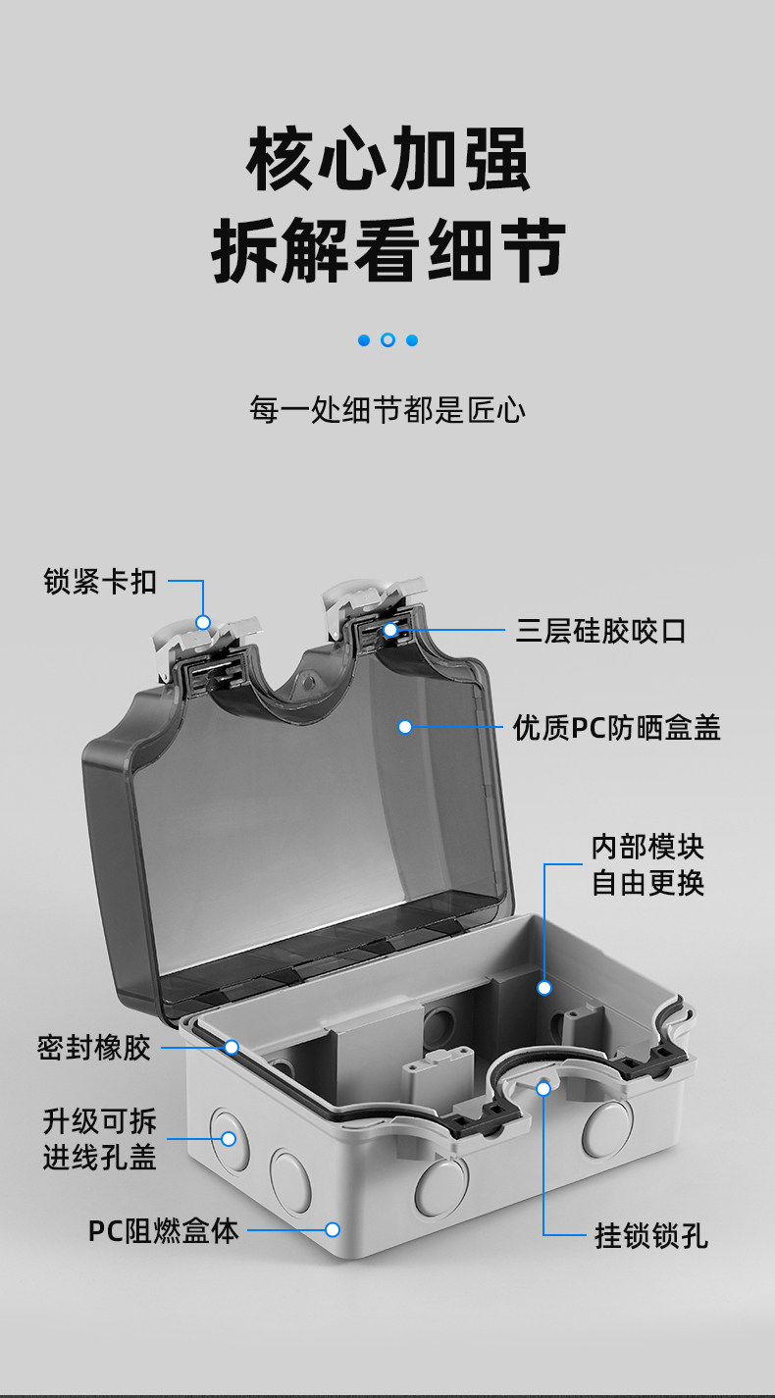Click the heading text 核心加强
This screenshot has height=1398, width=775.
pos(387,160)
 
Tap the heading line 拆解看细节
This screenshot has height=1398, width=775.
pos(387,251)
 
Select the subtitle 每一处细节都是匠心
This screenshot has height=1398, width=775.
pos(387,409)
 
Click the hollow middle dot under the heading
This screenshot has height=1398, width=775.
pos(387,340)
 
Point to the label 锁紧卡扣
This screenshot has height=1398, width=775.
pos(100,581)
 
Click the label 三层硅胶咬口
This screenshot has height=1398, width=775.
pos(600,631)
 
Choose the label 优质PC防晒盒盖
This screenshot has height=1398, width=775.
pos(616,727)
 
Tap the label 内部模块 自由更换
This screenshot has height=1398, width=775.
pos(647,864)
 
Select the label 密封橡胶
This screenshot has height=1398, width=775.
pos(94,1048)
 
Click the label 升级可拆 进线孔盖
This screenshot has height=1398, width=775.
pos(99,1139)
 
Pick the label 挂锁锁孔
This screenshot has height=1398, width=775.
pos(650,1235)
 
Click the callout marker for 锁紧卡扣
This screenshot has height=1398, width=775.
pos(203,622)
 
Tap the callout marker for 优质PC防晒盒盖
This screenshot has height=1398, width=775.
pos(404,727)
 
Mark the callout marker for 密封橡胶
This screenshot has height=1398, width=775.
pos(232,1048)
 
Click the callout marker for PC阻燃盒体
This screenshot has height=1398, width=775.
pos(333,1229)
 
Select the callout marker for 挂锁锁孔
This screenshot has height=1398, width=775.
pos(543,1087)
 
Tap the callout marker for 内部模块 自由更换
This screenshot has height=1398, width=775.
pos(544,988)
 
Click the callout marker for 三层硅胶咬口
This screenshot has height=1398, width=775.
pos(390,630)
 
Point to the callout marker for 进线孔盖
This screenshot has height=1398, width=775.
pos(229,1139)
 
